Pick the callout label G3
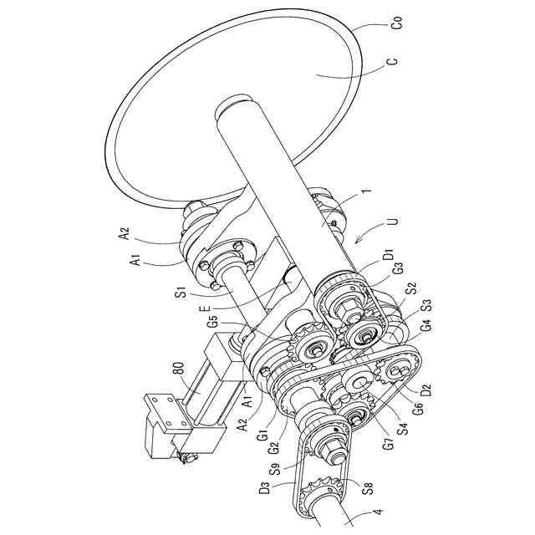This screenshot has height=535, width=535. click(397, 269)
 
